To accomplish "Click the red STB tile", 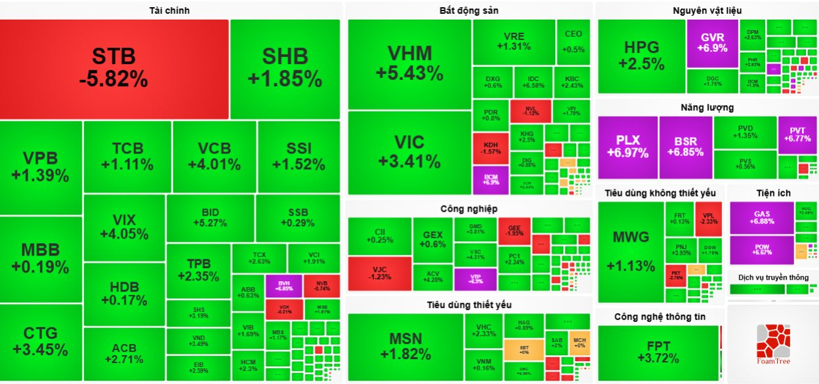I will (114, 68).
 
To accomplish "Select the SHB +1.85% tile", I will (285, 68).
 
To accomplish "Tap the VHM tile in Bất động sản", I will (409, 63).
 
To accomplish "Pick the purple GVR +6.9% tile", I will (713, 43).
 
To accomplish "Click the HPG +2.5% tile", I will (641, 56).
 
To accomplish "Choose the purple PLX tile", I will (627, 147).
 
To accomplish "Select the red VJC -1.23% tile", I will (379, 273).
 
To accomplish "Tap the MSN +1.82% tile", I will (406, 347).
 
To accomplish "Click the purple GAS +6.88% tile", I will (761, 218).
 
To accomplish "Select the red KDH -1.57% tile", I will (490, 148).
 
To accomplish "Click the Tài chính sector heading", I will (170, 10).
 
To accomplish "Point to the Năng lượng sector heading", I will (707, 107).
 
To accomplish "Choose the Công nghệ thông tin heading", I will (660, 317).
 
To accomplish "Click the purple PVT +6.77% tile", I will (797, 134).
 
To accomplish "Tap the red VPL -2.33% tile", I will (709, 218).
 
